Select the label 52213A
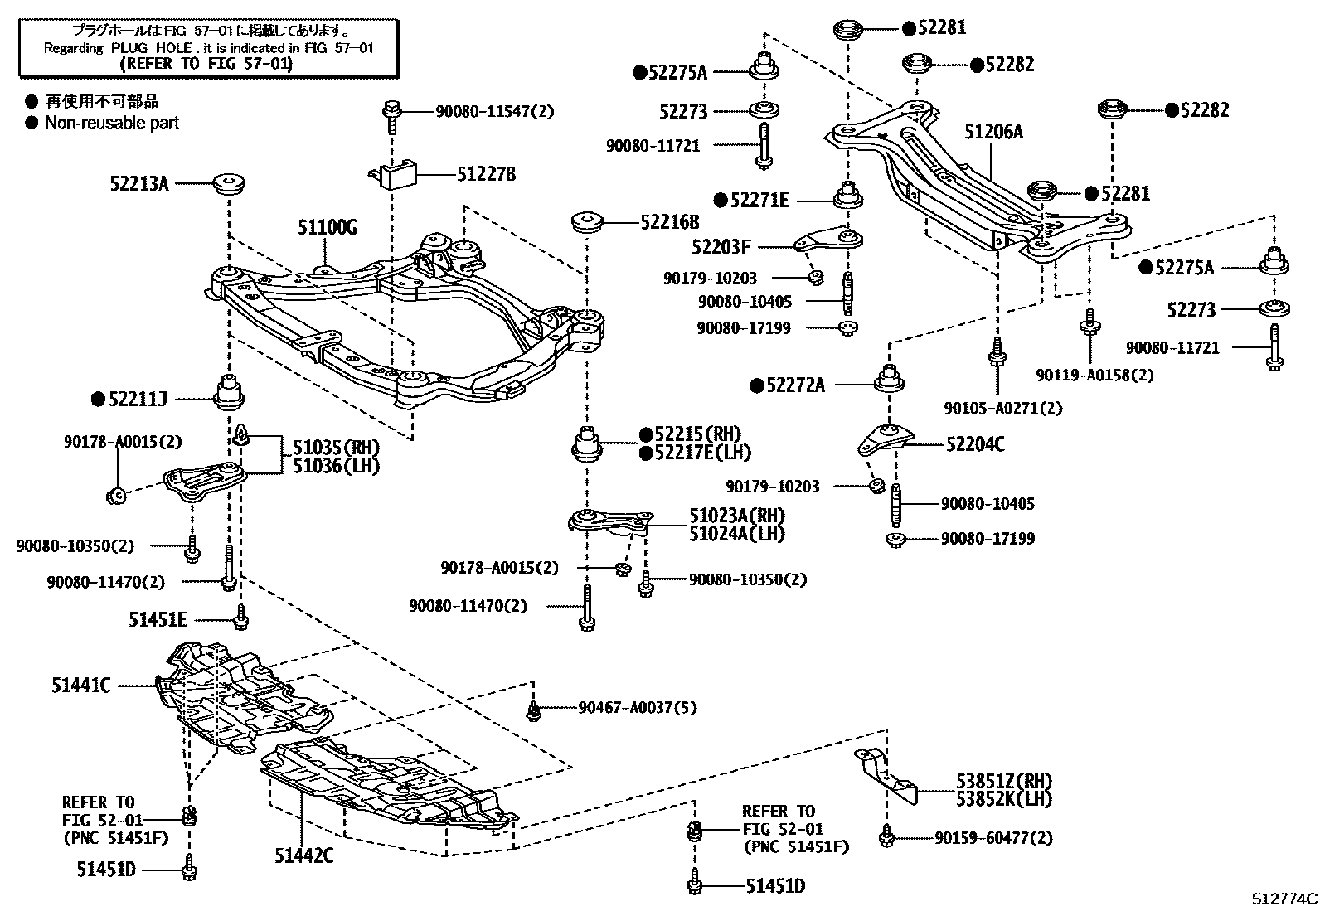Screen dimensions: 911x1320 (138, 183)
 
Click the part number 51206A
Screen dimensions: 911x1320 (993, 131)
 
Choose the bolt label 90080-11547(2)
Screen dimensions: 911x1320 (494, 110)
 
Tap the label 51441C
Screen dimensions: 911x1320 (80, 686)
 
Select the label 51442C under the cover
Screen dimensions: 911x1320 (303, 855)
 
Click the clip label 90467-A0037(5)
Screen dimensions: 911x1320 (637, 707)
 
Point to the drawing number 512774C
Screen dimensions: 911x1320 (1284, 898)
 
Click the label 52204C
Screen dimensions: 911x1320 (975, 445)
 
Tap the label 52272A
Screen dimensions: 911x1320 (794, 385)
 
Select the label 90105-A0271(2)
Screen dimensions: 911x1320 (1002, 408)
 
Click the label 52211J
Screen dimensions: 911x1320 (137, 400)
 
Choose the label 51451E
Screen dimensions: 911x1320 (158, 618)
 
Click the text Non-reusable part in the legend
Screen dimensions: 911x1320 (112, 123)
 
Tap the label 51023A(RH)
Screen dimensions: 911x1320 (736, 516)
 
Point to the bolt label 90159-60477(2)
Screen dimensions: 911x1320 (993, 838)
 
